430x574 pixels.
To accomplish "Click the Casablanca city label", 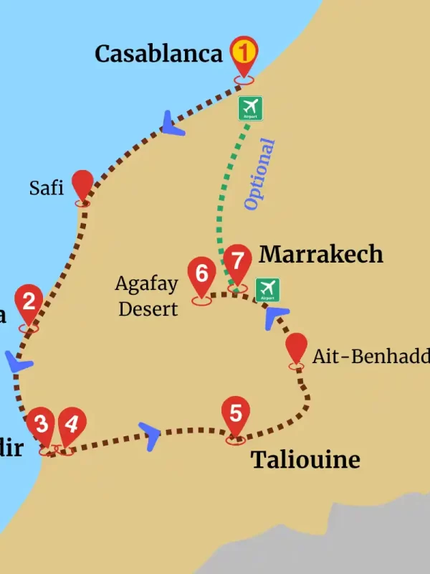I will click(158, 54).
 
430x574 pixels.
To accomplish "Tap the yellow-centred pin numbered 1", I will click(244, 54).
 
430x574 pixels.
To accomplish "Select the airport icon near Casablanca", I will click(250, 108).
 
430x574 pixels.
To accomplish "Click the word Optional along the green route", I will click(259, 174).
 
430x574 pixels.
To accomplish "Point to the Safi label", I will click(47, 188).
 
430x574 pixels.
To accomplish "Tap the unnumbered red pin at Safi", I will click(83, 185).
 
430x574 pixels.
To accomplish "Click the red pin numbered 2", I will click(29, 302).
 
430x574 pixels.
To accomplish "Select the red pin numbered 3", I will click(42, 425).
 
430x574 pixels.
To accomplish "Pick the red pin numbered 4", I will click(70, 425).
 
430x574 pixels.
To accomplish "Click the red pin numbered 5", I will click(236, 414).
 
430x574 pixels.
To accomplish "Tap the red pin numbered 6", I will click(202, 275).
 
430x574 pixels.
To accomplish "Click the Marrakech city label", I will click(321, 254).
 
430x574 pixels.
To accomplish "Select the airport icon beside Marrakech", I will click(268, 289).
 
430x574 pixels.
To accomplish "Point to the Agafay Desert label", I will click(147, 296).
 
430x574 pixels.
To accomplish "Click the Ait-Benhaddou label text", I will click(370, 357).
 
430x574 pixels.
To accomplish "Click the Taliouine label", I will click(305, 460).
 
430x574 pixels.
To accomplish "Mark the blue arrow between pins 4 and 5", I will click(151, 435).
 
